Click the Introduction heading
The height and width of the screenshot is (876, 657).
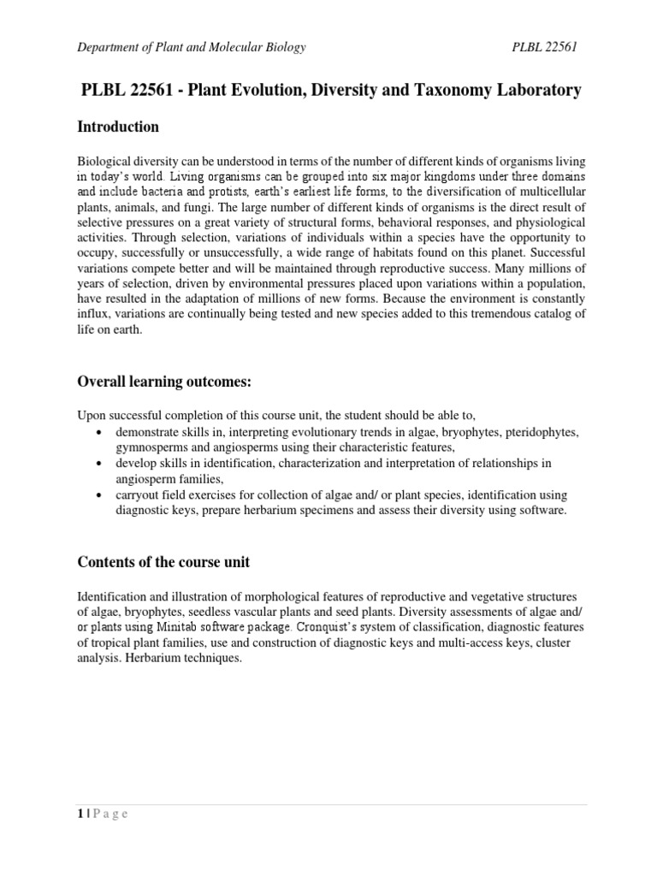coord(118,127)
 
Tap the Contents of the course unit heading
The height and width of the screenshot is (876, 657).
coord(163,562)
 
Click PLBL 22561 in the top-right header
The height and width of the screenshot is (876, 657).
coord(544,47)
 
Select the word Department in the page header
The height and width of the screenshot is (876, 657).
coord(109,47)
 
